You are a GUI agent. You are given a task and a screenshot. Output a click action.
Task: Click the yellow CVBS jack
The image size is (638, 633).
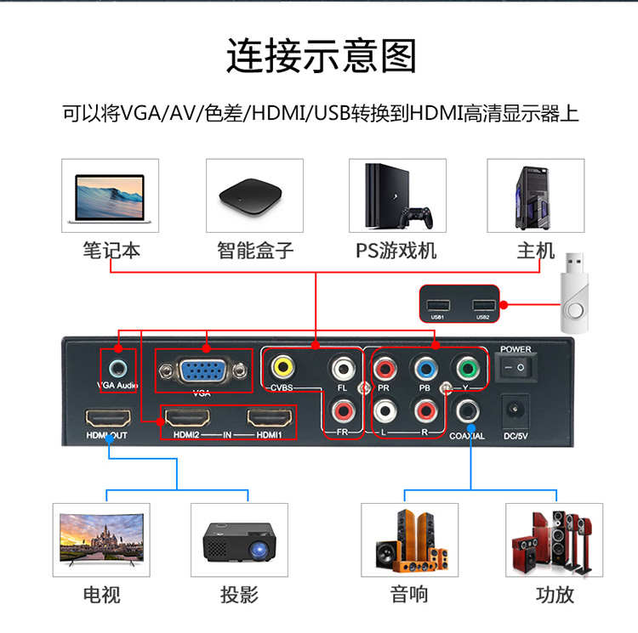click(x=282, y=369)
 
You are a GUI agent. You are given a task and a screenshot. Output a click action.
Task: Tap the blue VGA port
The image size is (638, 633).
click(x=202, y=371)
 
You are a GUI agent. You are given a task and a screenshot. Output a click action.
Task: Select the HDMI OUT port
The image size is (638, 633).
click(x=108, y=419)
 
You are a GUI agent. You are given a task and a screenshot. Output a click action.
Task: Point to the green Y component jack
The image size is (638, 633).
click(x=464, y=369)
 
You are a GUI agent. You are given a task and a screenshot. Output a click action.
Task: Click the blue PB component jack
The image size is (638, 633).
click(x=424, y=369)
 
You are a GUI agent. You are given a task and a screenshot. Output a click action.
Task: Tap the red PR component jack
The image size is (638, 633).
click(x=384, y=369)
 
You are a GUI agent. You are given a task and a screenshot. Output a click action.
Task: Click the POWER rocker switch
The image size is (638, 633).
click(x=516, y=367)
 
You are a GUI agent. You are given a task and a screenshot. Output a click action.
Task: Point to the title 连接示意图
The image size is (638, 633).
click(x=320, y=56)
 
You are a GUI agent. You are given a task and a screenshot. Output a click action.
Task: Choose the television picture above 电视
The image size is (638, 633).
click(x=101, y=540)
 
